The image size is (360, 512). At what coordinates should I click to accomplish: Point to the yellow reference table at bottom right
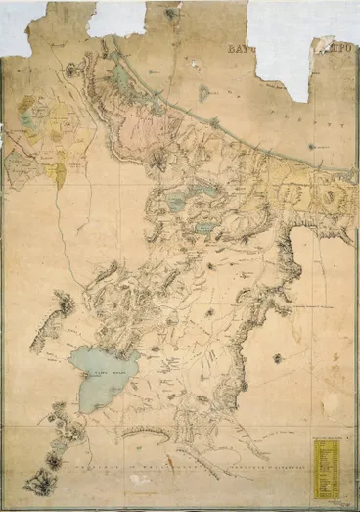click(326, 461)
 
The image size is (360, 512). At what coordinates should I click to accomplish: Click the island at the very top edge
click(173, 13)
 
